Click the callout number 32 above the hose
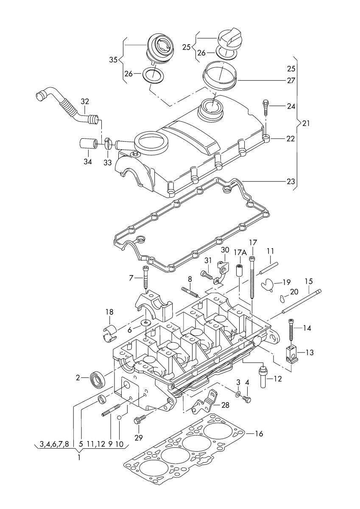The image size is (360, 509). (x=85, y=101)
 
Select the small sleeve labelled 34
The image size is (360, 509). (x=87, y=143)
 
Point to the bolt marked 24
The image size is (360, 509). (x=266, y=107)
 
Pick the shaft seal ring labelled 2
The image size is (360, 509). (x=97, y=378)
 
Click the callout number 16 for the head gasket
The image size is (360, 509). (x=259, y=433)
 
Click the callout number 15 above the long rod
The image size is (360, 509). (x=308, y=281)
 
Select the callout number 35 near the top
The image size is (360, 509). (x=113, y=60)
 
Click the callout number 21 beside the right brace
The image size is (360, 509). (x=306, y=123)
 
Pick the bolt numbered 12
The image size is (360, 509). (x=263, y=375)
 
